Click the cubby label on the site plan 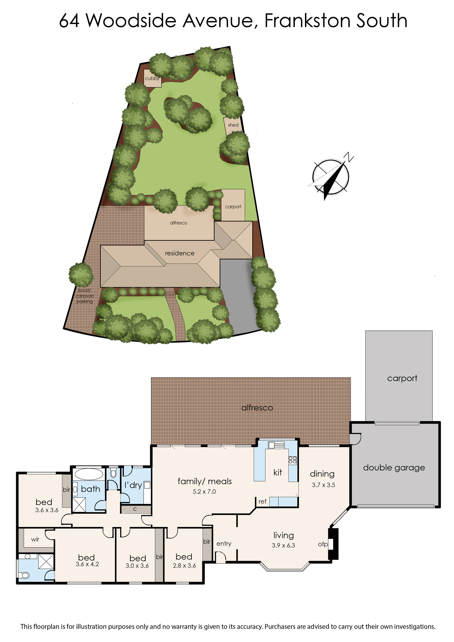(x=152, y=79)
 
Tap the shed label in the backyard (x=233, y=125)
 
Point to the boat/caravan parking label (x=84, y=296)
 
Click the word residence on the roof (x=180, y=253)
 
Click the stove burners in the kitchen (x=292, y=460)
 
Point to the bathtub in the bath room (x=89, y=474)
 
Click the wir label (x=35, y=539)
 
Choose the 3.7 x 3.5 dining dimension (x=324, y=485)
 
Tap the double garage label (x=394, y=468)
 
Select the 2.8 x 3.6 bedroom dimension (x=184, y=566)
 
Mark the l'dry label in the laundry (x=133, y=485)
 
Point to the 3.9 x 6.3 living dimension (x=283, y=545)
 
